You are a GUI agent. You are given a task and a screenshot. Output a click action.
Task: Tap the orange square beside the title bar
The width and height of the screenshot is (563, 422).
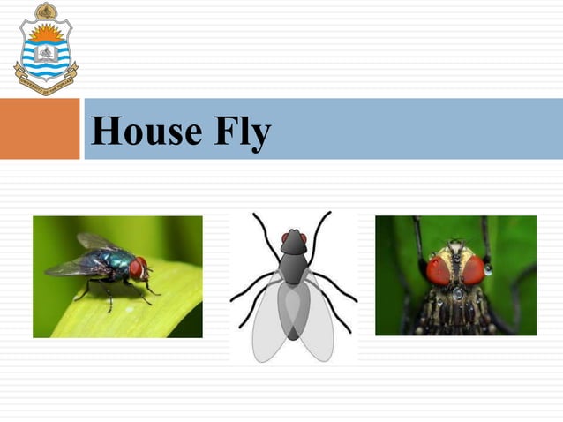[40, 128]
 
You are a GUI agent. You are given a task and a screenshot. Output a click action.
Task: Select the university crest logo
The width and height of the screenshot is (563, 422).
[45, 49]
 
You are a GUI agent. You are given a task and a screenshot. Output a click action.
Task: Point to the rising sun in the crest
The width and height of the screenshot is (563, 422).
[45, 34]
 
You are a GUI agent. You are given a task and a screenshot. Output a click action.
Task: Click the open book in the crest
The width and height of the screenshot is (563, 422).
[45, 54]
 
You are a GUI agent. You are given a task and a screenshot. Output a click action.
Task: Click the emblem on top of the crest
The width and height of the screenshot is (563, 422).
[46, 10]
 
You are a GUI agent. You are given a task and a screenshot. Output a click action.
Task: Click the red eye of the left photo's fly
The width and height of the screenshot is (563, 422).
[137, 267]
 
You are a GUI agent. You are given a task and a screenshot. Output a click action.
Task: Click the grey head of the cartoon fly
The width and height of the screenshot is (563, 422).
[293, 240]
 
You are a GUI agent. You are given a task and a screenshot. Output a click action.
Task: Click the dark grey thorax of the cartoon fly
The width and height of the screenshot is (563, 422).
[293, 266]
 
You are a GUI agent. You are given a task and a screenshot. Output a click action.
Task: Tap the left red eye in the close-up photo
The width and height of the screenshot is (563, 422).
[439, 270]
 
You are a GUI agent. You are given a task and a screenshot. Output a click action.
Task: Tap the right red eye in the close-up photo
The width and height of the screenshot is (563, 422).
[473, 269]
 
